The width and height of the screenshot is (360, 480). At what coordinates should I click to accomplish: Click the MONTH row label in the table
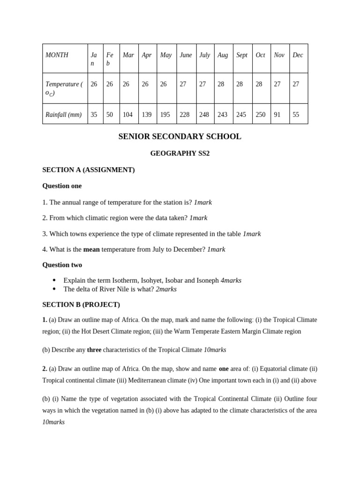coord(57,55)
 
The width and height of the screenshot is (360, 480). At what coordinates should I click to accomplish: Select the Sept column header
coord(242,55)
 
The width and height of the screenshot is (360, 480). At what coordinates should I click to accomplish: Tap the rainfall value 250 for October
coord(261,114)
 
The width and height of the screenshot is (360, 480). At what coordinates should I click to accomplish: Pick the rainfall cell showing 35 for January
coord(94,114)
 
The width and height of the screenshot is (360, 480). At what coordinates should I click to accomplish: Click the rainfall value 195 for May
coord(165,114)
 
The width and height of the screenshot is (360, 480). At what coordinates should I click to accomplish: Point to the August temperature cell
coord(221,84)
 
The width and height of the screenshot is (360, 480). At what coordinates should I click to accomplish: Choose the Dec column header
coord(298,55)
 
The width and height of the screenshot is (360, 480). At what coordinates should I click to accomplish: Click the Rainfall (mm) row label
coord(63,114)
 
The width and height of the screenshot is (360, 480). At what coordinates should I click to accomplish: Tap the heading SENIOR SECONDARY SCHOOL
coord(180,137)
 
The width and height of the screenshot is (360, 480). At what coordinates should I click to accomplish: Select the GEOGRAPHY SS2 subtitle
coord(180,153)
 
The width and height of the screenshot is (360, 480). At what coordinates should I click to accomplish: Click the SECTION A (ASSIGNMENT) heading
coord(88,170)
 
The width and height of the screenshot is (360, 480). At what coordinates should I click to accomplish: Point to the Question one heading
coord(62,186)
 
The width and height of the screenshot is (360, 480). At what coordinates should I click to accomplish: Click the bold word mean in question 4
coord(91,249)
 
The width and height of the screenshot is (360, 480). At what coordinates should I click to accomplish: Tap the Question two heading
coord(62,265)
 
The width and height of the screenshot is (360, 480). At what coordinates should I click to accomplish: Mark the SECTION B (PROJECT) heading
coord(81,305)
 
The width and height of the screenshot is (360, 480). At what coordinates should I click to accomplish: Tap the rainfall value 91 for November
coord(277,114)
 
